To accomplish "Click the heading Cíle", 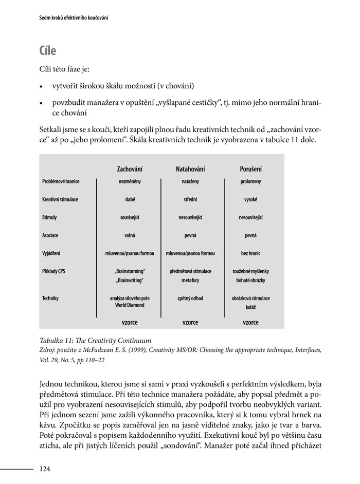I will tap(47, 51).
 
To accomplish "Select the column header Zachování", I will tap(130, 169).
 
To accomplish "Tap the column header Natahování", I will tap(190, 169).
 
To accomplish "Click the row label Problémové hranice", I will tap(61, 181).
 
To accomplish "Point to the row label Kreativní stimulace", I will tap(60, 199).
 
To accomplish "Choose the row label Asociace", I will tap(50, 235).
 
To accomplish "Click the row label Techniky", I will tap(50, 298).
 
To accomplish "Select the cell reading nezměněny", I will tap(130, 181).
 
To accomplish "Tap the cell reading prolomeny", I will tap(250, 181).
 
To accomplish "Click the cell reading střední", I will tap(190, 199).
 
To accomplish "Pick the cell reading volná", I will tap(130, 235).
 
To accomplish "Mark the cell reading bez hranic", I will tap(250, 253).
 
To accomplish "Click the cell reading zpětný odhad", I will tap(190, 298).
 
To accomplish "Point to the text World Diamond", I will tap(130, 305).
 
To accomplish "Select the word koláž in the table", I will tap(250, 307).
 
